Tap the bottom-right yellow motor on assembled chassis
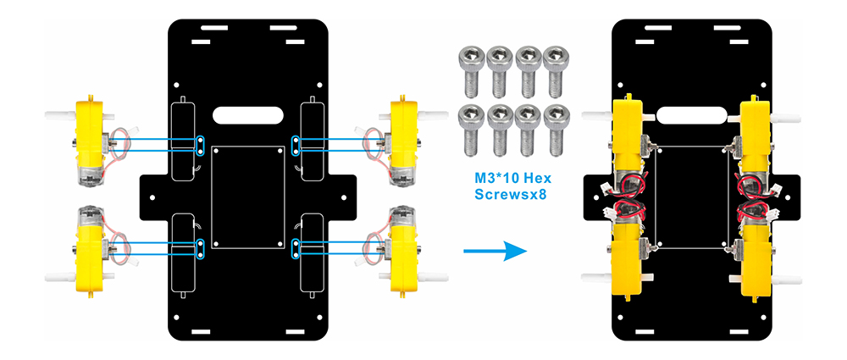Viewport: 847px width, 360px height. pyautogui.click(x=756, y=254)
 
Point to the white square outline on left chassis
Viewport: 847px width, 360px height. pyautogui.click(x=247, y=197)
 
